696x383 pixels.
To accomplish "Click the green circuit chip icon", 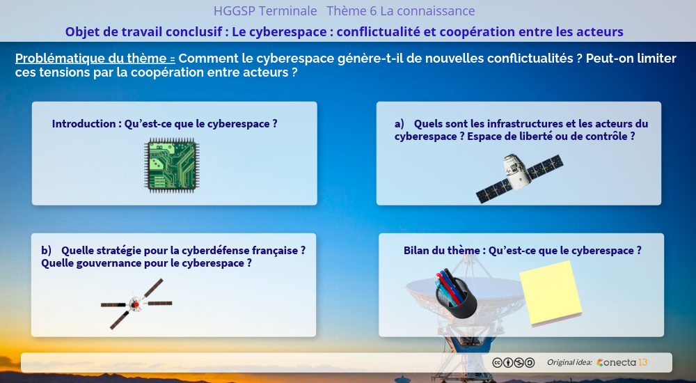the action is coord(171,165).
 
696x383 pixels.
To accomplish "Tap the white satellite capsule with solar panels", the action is coord(519,178).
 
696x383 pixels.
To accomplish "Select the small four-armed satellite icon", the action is coord(136,304).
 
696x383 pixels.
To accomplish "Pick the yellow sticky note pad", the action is coord(551,294).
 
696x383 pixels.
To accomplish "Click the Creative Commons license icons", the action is coord(513,363).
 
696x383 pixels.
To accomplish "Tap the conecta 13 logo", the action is coord(622,363).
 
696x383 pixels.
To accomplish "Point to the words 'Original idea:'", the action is coord(569,363).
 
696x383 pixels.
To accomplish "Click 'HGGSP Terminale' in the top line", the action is coord(265,11).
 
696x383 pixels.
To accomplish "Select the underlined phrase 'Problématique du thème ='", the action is coord(95,58).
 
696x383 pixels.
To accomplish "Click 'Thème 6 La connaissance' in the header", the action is coord(401,11).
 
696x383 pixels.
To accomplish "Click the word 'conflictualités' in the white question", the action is coord(528,58).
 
